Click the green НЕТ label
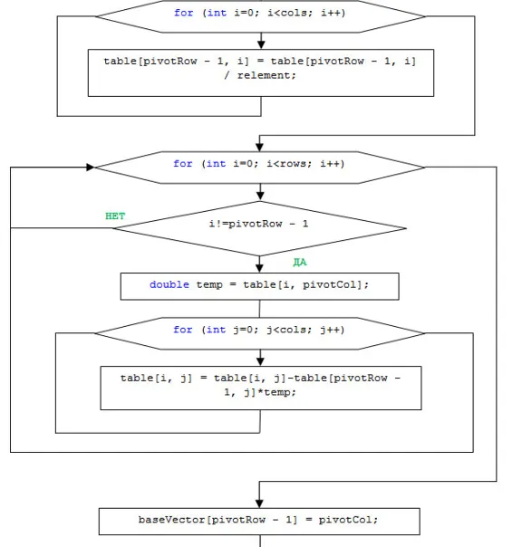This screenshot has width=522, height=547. [x=115, y=216]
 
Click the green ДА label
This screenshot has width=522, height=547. [x=300, y=262]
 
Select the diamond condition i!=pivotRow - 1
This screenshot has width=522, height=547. [x=260, y=228]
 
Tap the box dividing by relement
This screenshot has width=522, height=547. [x=261, y=73]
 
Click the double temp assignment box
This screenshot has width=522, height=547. [x=260, y=286]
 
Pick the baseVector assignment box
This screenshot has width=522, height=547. [x=259, y=522]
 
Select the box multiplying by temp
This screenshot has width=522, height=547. [x=261, y=388]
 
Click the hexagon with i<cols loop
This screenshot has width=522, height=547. [x=260, y=16]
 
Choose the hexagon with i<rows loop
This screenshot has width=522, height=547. [x=260, y=168]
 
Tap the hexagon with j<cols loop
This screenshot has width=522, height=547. [x=260, y=333]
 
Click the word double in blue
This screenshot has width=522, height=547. [x=169, y=284]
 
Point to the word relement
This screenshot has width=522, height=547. [x=266, y=75]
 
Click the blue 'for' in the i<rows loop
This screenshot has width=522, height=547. [x=183, y=164]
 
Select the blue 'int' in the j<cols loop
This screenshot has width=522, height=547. [x=216, y=330]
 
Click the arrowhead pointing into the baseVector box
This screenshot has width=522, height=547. [x=259, y=504]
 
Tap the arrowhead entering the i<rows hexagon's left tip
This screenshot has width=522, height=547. [x=91, y=168]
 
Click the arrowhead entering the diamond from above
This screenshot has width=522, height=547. [x=260, y=197]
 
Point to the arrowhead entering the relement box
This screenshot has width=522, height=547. [x=261, y=44]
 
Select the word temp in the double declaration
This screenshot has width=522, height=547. [x=209, y=285]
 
